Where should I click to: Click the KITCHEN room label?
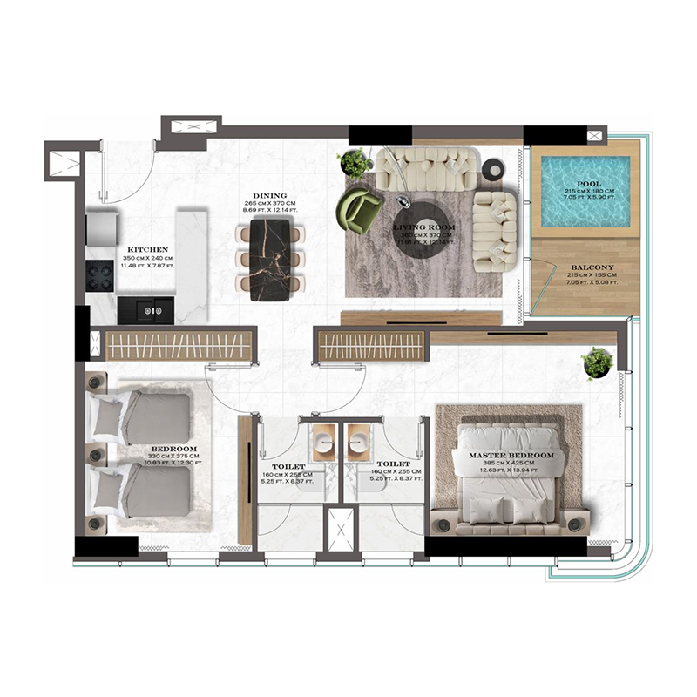click(x=143, y=248)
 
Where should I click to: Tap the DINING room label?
click(x=270, y=196)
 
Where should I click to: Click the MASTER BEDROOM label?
click(x=511, y=456)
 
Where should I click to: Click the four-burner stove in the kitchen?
click(x=101, y=274)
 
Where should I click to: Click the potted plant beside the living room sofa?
click(x=354, y=163)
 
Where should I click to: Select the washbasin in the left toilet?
click(x=324, y=440)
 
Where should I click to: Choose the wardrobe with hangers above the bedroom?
click(x=178, y=344)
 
